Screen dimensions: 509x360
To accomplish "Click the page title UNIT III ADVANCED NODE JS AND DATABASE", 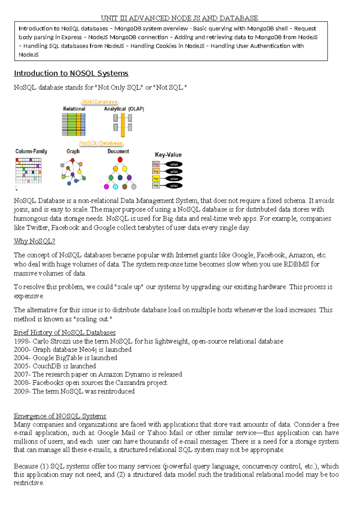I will (179, 18).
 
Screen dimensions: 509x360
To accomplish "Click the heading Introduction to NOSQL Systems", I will (71, 73).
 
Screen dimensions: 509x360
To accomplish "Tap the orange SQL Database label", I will (99, 102).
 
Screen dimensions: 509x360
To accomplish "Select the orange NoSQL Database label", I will (101, 143).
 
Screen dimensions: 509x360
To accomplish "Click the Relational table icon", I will (73, 125).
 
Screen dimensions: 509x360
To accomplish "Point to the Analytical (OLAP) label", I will (124, 109).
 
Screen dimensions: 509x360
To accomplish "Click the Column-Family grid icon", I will (28, 170).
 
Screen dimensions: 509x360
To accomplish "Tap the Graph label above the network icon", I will (73, 151).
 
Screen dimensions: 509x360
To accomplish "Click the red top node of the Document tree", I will (120, 160).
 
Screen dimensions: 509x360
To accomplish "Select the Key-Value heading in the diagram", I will (168, 155).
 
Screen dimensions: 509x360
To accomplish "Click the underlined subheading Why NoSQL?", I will (34, 241).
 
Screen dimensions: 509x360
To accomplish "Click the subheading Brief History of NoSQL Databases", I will (64, 333).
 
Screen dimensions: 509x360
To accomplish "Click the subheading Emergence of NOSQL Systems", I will (60, 416).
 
